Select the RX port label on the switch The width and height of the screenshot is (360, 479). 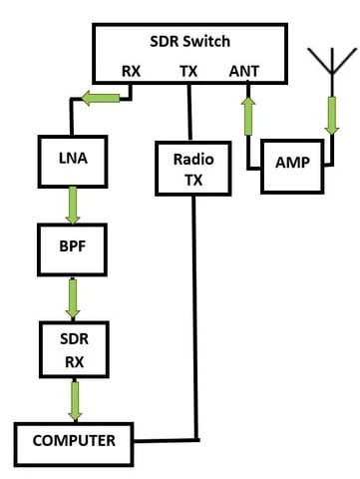[x=132, y=71]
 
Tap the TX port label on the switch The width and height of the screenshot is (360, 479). [x=189, y=71]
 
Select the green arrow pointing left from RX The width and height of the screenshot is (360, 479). [x=103, y=97]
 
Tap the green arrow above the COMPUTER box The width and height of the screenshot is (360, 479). [x=72, y=400]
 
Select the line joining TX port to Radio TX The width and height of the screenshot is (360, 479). [x=189, y=112]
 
